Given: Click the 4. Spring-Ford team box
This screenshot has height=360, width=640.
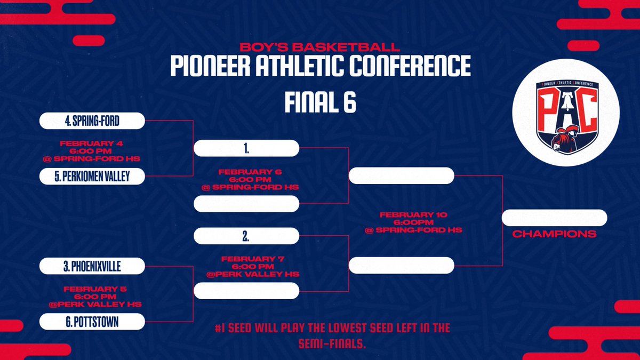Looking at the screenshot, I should coord(92,121).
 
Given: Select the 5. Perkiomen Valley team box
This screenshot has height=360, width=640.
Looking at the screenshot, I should coord(92,176).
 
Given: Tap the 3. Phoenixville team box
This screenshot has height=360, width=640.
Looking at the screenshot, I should coord(92,266).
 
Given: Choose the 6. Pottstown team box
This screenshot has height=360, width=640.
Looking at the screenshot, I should coord(92,322).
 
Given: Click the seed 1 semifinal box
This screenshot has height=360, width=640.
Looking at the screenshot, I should coord(246,148).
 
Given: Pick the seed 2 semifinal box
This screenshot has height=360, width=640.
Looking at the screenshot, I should coord(246,235).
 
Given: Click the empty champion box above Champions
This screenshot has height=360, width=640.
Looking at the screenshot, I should coord(554,218).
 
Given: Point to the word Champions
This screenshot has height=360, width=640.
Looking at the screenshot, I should coord(554,234).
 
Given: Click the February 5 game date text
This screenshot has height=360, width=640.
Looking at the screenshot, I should coord(92,289).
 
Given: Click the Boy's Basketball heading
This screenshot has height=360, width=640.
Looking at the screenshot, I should coord(320,46).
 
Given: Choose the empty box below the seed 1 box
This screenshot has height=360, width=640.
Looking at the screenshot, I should coord(246,203).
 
